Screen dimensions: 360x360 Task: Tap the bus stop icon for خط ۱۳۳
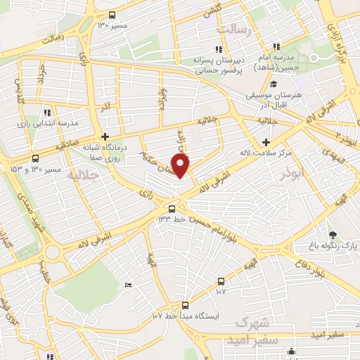click(x=172, y=208)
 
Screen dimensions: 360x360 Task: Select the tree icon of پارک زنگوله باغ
click(x=333, y=235)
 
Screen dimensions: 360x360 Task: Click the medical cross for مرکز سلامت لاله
click(x=266, y=142)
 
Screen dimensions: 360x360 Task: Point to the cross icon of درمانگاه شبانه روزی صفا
click(x=105, y=136)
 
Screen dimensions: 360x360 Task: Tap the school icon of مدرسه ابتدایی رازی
click(x=47, y=112)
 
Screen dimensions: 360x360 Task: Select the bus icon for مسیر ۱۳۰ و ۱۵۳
click(x=35, y=159)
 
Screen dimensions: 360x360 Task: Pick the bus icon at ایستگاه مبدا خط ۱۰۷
click(x=185, y=305)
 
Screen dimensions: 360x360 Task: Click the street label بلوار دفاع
click(x=313, y=259)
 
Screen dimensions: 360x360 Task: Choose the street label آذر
click(x=107, y=108)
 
